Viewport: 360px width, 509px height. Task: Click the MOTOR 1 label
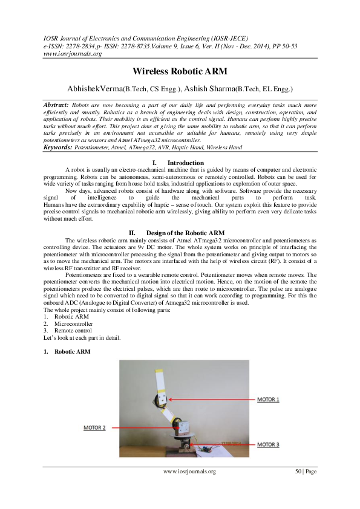coord(269,400)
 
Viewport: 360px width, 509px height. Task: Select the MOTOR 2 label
coord(94,427)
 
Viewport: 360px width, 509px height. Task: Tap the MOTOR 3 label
coord(269,445)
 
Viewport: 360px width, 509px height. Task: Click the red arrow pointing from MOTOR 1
coord(212,399)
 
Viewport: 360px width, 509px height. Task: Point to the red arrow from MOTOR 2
coord(139,427)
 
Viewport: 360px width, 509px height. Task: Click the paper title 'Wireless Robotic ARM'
coord(180,71)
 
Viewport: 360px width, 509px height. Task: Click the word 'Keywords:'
coord(59,147)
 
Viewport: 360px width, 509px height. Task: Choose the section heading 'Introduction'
coord(185,163)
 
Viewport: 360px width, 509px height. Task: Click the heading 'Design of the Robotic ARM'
coord(185,233)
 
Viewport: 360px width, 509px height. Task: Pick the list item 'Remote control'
coord(73,331)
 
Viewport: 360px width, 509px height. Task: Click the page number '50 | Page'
coord(306,472)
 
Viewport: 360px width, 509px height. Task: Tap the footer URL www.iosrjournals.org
coord(189,472)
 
